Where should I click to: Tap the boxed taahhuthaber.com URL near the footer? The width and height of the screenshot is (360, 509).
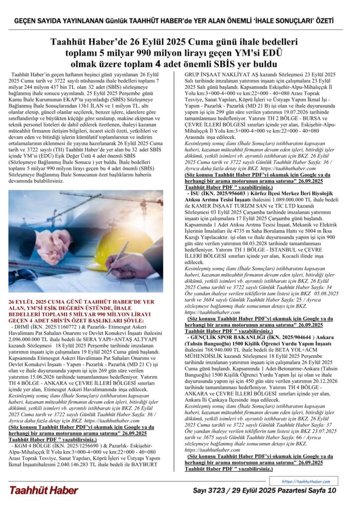click(x=305, y=482)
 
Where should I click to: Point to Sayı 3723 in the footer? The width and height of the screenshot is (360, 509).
click(x=214, y=491)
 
